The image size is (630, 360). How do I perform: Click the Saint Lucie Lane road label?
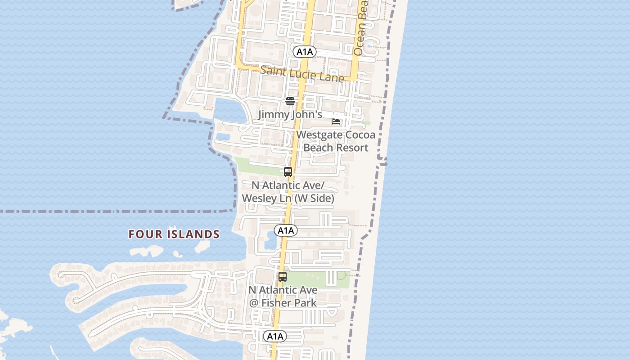302,74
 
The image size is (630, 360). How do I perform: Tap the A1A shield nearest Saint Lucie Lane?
305,52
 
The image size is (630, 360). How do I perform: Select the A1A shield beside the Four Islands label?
286,231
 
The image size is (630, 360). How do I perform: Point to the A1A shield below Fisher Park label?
275,336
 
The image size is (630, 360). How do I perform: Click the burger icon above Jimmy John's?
290,101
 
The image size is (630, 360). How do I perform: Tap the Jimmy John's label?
290,114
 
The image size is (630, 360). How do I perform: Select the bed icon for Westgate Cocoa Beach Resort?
336,121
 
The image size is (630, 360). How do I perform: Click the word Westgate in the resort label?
317,135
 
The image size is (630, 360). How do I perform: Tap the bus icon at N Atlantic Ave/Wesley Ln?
288,171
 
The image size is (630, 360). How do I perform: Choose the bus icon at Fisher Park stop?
282,277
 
